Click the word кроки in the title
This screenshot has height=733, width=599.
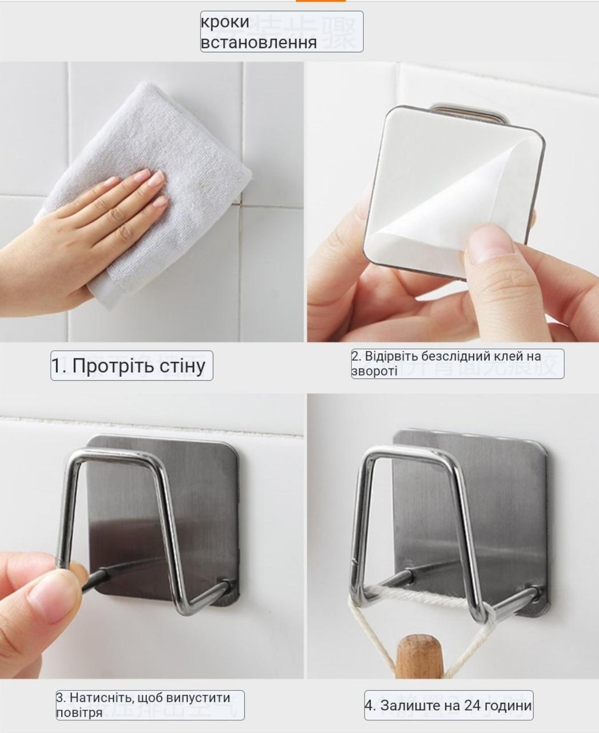pyautogui.click(x=225, y=22)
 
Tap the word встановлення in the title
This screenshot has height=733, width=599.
pyautogui.click(x=259, y=42)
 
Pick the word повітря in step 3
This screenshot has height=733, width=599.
pyautogui.click(x=79, y=713)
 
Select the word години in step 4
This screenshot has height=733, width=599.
pyautogui.click(x=509, y=706)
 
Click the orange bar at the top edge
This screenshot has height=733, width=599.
pyautogui.click(x=320, y=1)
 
